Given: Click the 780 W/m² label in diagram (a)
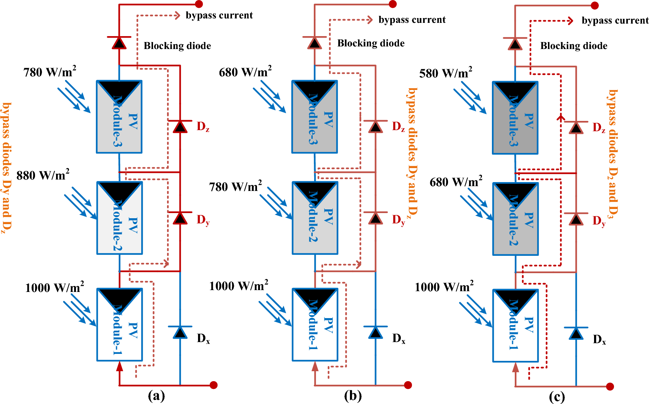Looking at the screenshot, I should [49, 72].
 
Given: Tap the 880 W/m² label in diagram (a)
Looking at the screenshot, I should [43, 175].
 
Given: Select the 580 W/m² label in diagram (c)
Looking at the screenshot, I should [445, 73].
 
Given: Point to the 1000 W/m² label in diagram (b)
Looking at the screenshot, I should [239, 286].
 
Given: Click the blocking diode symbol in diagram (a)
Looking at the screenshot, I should [119, 43].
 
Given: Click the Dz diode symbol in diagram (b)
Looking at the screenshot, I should [375, 126].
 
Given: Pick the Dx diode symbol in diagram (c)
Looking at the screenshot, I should [576, 333].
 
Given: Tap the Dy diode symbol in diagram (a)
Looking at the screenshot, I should [180, 218].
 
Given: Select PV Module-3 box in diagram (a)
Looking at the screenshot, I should [119, 117].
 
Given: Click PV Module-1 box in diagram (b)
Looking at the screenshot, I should [315, 324].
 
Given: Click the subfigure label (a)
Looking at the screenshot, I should [156, 396].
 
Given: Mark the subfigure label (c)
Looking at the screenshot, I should [557, 397].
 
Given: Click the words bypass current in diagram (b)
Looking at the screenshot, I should [412, 20].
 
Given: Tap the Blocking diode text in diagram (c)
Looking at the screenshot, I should [574, 46].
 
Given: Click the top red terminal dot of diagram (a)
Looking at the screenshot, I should [199, 4].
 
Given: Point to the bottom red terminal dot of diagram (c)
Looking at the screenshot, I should [610, 386].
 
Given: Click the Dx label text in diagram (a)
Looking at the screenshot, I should [203, 338].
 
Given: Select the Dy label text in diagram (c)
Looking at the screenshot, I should [599, 221].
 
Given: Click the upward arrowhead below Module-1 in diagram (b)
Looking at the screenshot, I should [315, 366].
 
